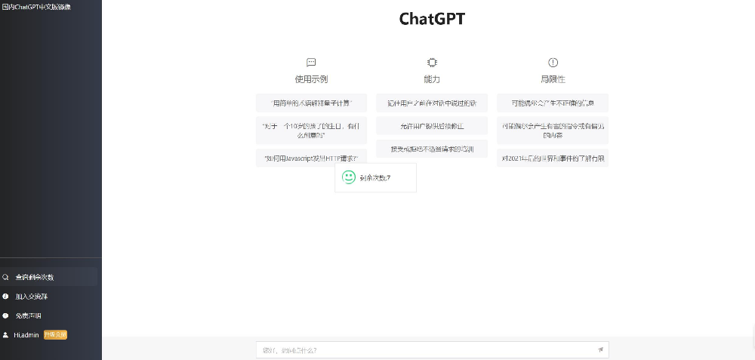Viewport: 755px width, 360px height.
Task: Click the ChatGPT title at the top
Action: point(432,20)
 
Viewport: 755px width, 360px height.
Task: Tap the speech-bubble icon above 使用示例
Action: point(311,63)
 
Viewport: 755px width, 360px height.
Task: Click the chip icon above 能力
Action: point(432,63)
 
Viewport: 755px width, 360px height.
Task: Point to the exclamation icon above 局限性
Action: point(553,63)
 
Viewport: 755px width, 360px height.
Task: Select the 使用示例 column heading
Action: point(311,78)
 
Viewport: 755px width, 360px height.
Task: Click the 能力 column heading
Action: point(432,78)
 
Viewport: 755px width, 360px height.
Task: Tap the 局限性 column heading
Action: point(553,78)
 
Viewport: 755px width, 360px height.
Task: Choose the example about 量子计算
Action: point(311,103)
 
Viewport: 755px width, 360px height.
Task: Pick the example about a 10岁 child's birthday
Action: point(311,130)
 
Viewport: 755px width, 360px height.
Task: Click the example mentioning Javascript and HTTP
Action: point(311,158)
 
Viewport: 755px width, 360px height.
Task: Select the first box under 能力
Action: point(432,103)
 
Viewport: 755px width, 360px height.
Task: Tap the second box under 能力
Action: point(432,126)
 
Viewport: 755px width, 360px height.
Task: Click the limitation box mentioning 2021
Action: point(553,158)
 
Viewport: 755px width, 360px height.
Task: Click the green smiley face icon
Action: point(349,177)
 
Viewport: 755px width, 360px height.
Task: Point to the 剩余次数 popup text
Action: point(375,178)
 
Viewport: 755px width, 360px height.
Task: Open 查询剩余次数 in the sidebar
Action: point(35,277)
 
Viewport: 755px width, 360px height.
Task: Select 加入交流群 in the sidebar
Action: point(31,297)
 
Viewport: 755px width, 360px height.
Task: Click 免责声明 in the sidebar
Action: point(29,315)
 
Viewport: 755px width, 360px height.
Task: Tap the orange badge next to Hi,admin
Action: point(55,334)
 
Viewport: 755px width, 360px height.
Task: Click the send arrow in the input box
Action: point(600,349)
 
